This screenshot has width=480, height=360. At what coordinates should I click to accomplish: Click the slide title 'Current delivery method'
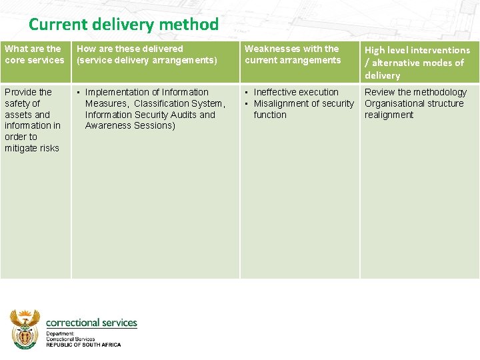tap(123, 25)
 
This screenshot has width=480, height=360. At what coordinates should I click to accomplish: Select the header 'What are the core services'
tap(34, 54)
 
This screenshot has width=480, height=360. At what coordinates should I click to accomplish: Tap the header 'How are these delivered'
tap(130, 49)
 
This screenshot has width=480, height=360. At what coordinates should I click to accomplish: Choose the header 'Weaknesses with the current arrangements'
tap(292, 54)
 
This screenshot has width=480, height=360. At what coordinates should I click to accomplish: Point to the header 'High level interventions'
tap(417, 50)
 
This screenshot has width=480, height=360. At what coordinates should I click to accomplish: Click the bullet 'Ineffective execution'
tap(296, 92)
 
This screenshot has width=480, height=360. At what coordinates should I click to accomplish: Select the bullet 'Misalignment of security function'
tap(303, 109)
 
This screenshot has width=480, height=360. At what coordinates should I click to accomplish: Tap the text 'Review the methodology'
tap(415, 92)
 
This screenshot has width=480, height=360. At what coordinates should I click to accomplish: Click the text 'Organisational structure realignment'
tap(413, 109)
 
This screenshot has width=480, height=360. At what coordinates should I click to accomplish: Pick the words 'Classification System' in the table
tap(179, 103)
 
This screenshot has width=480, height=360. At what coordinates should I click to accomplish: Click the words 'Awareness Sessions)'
tap(130, 126)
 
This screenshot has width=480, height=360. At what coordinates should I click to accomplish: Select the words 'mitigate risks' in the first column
tap(32, 148)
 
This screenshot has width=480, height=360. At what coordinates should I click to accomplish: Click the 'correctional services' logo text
tap(91, 323)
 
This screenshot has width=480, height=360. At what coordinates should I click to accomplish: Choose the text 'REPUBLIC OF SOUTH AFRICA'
tap(83, 345)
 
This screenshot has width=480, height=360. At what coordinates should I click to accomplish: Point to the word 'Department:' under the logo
tap(60, 333)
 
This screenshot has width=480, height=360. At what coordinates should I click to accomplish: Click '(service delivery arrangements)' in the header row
tap(147, 60)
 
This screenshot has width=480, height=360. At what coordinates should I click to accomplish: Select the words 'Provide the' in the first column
tap(28, 92)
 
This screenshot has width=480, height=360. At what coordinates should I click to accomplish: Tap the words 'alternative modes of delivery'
tap(418, 69)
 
